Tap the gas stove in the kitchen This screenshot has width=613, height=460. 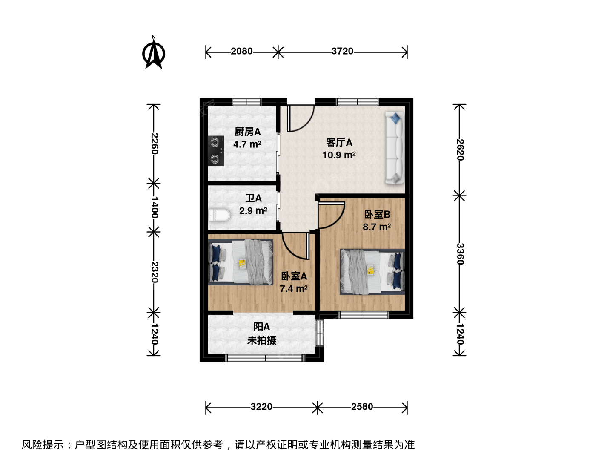216,151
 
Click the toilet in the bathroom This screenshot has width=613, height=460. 220,215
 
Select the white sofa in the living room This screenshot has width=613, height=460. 395,147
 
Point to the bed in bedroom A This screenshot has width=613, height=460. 241,262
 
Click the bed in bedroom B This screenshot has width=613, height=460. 372,272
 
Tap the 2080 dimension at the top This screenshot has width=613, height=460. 241,52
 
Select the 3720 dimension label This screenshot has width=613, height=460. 342,52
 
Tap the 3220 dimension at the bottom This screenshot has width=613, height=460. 261,407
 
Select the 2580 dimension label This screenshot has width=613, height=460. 362,407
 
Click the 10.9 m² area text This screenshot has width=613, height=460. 339,155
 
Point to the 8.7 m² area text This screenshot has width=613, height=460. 377,227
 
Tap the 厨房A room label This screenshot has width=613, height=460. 247,132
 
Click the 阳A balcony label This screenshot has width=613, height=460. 262,327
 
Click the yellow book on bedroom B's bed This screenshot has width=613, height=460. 371,270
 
